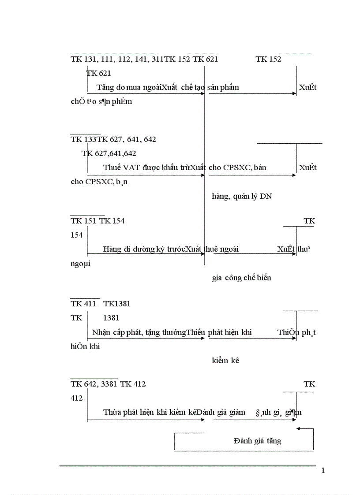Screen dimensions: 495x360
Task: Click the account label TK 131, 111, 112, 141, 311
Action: [x=117, y=59]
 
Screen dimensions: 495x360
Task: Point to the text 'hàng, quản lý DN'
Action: [x=242, y=196]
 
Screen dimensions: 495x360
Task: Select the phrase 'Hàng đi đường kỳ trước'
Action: [x=144, y=249]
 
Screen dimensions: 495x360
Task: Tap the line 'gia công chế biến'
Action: [x=242, y=278]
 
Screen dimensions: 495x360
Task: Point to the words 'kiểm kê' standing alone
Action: [x=225, y=361]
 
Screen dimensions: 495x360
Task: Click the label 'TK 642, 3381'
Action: [x=94, y=384]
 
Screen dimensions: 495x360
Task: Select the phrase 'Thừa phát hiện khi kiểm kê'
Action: [x=150, y=413]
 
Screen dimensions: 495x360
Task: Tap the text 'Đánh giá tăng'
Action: [x=257, y=441]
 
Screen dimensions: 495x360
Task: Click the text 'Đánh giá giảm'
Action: [x=221, y=413]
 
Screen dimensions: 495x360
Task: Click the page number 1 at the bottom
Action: [x=323, y=471]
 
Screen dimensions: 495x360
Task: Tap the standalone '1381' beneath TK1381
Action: [x=111, y=317]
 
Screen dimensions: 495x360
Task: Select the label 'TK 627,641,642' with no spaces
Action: [x=109, y=153]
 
